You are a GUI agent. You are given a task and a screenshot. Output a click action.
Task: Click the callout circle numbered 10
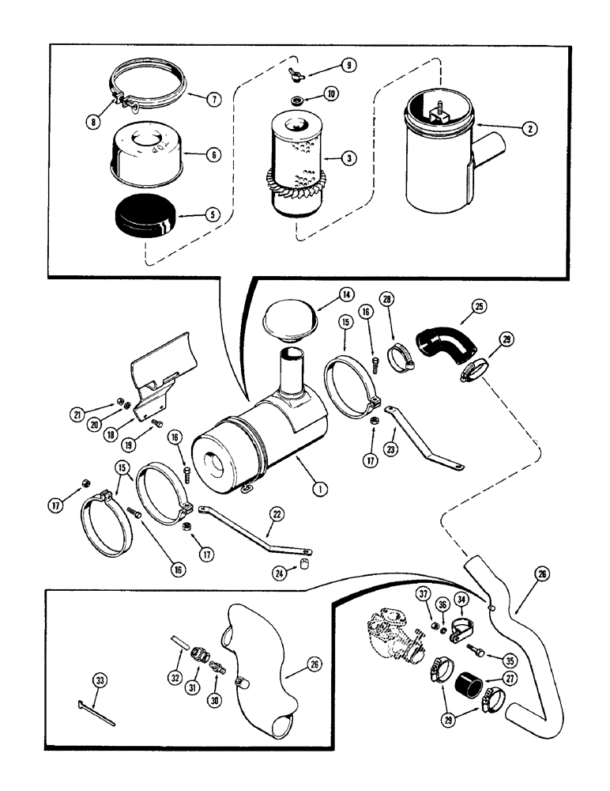point(330,94)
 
